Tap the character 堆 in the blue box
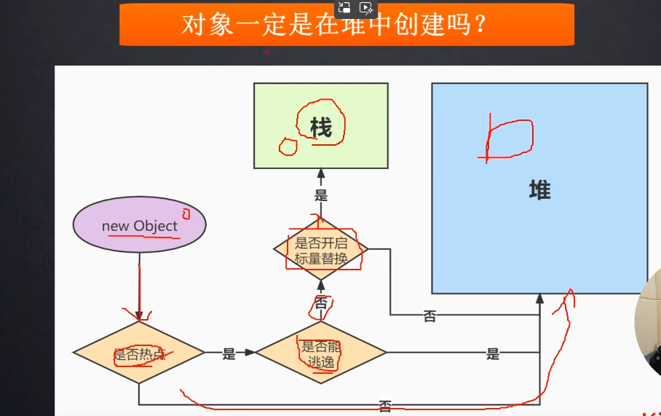pyautogui.click(x=539, y=191)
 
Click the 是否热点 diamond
pyautogui.click(x=138, y=353)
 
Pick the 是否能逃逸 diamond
pyautogui.click(x=321, y=353)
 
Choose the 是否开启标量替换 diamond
pyautogui.click(x=321, y=249)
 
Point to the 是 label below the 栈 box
pyautogui.click(x=321, y=195)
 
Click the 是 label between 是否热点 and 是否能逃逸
pyautogui.click(x=229, y=354)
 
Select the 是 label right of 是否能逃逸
pyautogui.click(x=493, y=354)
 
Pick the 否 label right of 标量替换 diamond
pyautogui.click(x=430, y=316)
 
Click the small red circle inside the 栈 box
pyautogui.click(x=288, y=146)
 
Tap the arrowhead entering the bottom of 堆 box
pyautogui.click(x=539, y=298)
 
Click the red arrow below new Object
pyautogui.click(x=138, y=291)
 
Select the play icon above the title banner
pyautogui.click(x=366, y=8)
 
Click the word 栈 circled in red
pyautogui.click(x=320, y=128)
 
